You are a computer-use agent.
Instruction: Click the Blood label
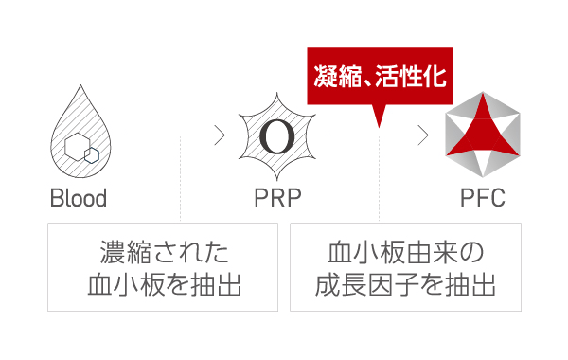(x=78, y=200)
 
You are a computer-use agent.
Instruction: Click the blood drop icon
(x=78, y=138)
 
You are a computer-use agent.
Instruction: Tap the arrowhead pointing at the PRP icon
(x=221, y=136)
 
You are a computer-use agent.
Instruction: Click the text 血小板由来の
(x=406, y=253)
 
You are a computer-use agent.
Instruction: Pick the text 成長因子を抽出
(x=406, y=284)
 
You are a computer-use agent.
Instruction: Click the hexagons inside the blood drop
(x=80, y=148)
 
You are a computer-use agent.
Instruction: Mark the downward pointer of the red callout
(x=380, y=116)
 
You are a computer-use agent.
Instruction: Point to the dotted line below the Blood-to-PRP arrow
(x=180, y=180)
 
